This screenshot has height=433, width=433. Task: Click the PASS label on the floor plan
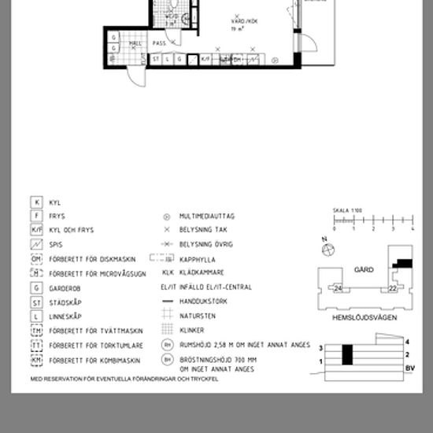click(x=159, y=43)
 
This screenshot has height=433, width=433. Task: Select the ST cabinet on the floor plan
click(x=156, y=59)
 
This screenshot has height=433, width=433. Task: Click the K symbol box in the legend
click(x=35, y=202)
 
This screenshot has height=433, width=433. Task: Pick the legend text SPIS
click(x=56, y=245)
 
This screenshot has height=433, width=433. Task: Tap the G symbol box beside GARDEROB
click(x=35, y=288)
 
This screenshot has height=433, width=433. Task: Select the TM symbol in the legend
click(x=35, y=331)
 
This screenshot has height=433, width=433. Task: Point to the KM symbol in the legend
click(x=35, y=360)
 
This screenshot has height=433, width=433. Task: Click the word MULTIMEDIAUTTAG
click(x=207, y=216)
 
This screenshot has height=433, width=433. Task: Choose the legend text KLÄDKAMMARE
click(x=202, y=273)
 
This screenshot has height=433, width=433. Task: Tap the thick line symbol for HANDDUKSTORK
click(x=167, y=302)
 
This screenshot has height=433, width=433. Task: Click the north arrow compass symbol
click(x=324, y=250)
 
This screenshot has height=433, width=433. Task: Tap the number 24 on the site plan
click(x=337, y=288)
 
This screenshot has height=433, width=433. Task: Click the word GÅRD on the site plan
click(x=364, y=268)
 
